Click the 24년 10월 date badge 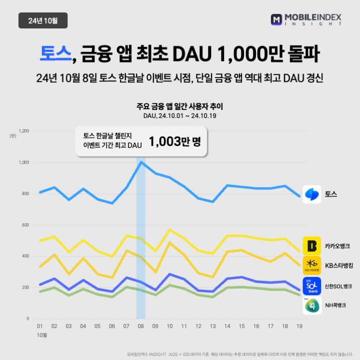point(42,20)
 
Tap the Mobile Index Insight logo point(306,20)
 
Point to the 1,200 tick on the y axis point(23,131)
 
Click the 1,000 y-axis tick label point(23,162)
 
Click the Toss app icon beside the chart point(312,193)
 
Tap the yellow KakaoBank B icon point(312,245)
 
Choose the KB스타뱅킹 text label point(339,265)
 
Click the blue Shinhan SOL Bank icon point(312,286)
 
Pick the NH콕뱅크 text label point(335,304)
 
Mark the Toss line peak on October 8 point(141,161)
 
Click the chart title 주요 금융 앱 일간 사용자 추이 point(179,106)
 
